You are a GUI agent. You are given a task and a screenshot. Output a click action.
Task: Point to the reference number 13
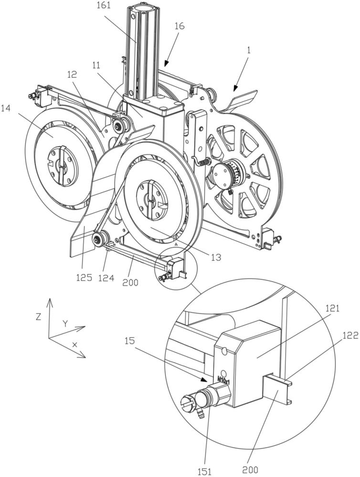(216, 258)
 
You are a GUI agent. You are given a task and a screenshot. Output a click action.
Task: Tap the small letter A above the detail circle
(176, 243)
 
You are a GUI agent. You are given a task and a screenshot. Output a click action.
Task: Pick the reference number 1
(248, 50)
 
